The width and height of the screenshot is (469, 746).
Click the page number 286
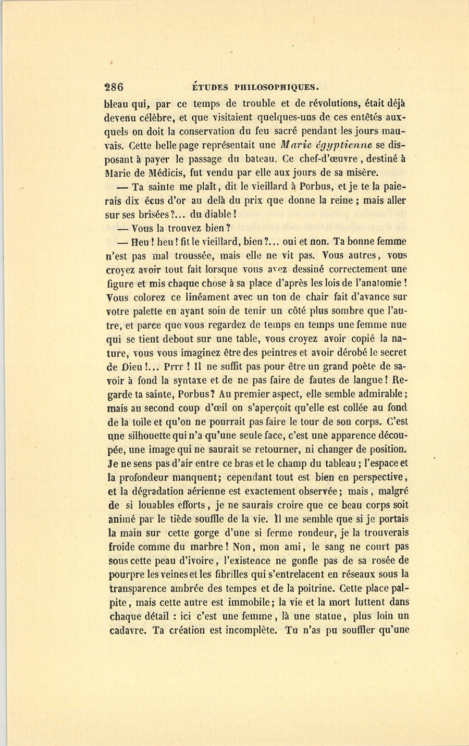click(114, 87)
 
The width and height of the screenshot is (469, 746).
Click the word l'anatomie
click(376, 284)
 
